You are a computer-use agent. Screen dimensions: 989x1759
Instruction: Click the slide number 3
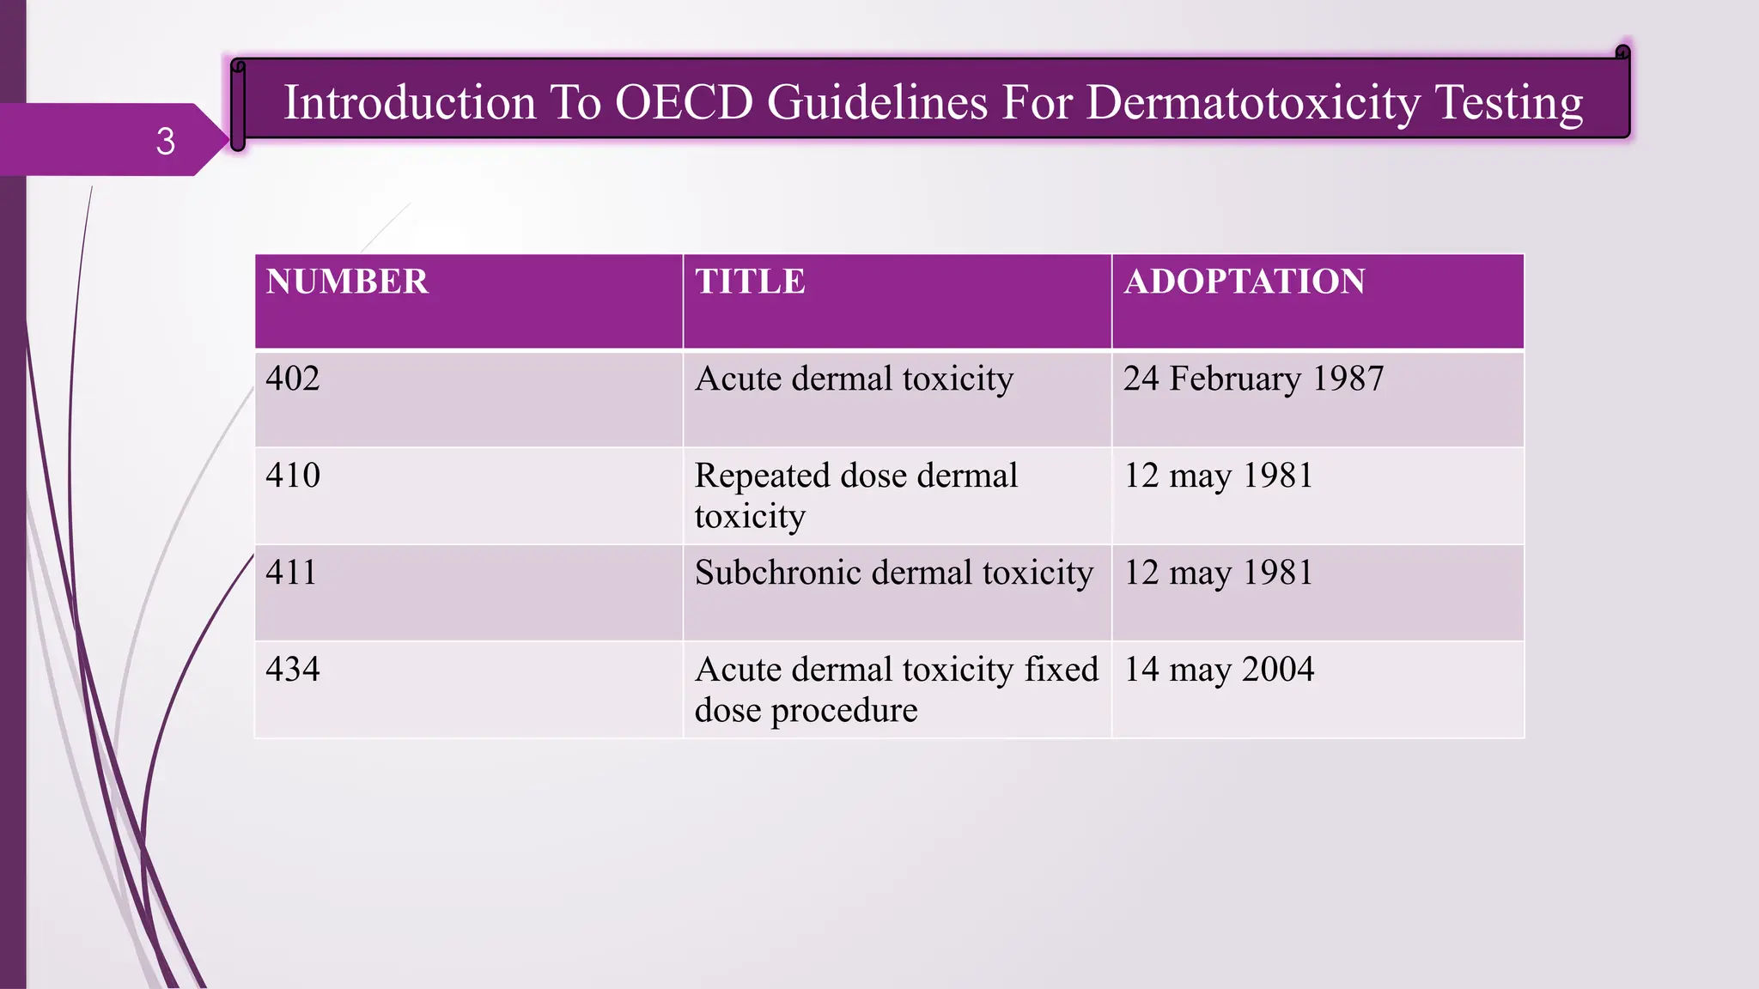click(166, 141)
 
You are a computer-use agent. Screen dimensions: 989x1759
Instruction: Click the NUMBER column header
click(347, 282)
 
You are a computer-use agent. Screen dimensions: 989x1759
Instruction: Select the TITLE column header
click(750, 282)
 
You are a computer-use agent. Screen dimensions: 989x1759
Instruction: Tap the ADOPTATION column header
click(1245, 282)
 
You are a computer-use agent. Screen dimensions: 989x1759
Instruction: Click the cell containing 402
click(293, 379)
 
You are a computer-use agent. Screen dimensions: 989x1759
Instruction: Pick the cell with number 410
click(293, 476)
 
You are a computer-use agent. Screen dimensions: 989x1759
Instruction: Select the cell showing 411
click(291, 573)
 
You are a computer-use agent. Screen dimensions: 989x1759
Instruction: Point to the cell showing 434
click(293, 670)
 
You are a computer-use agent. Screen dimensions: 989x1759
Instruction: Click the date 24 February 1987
click(1253, 379)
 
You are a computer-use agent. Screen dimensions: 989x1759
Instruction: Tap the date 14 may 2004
click(1219, 670)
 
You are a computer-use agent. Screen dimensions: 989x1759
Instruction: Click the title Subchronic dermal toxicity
click(893, 573)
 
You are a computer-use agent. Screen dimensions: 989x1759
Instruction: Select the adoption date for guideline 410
click(1219, 476)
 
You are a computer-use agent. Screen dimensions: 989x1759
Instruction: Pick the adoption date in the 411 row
click(1219, 573)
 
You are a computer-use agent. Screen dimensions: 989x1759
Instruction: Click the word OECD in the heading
click(684, 102)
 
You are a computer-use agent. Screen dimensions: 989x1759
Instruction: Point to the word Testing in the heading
click(1509, 102)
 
